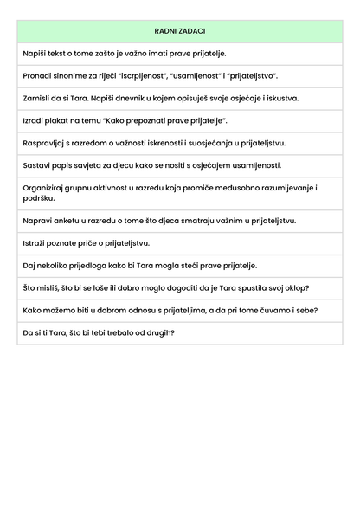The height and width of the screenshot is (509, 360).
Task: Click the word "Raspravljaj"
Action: [45, 143]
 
